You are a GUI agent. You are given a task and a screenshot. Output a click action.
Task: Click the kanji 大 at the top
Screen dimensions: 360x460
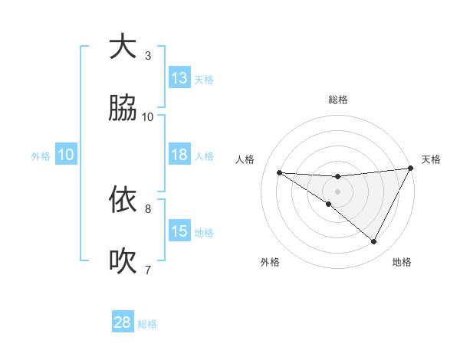point(123,47)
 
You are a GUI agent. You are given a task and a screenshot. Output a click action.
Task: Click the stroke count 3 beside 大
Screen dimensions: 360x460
point(148,55)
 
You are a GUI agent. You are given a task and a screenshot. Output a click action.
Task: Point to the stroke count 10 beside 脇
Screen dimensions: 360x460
point(148,116)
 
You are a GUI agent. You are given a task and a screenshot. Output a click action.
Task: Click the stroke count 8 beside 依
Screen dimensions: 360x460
point(148,208)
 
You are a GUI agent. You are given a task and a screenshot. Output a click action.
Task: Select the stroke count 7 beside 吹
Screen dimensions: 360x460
point(148,269)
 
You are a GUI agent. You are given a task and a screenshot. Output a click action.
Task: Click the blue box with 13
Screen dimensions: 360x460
point(179,78)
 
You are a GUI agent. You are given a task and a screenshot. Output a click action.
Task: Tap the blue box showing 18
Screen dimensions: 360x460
point(179,155)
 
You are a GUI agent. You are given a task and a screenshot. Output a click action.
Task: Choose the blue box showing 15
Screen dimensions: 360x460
point(179,231)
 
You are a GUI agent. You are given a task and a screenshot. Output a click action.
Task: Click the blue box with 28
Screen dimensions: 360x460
point(123,322)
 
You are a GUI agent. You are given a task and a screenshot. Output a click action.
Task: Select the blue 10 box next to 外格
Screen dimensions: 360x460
point(66,155)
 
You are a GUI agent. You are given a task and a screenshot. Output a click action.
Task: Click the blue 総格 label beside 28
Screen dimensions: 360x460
point(147,324)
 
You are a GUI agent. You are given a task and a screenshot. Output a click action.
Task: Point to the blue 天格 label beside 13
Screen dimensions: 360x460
point(204,80)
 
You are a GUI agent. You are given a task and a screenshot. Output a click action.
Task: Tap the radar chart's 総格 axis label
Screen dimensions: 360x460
point(337,100)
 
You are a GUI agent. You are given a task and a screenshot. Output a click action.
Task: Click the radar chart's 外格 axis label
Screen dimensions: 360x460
point(270,262)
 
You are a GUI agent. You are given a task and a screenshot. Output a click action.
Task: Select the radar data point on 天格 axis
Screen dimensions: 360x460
point(411,169)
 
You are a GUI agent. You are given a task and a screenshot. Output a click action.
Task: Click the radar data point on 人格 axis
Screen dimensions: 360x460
point(280,172)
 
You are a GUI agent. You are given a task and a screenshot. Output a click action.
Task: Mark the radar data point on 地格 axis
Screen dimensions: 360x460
point(373,242)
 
